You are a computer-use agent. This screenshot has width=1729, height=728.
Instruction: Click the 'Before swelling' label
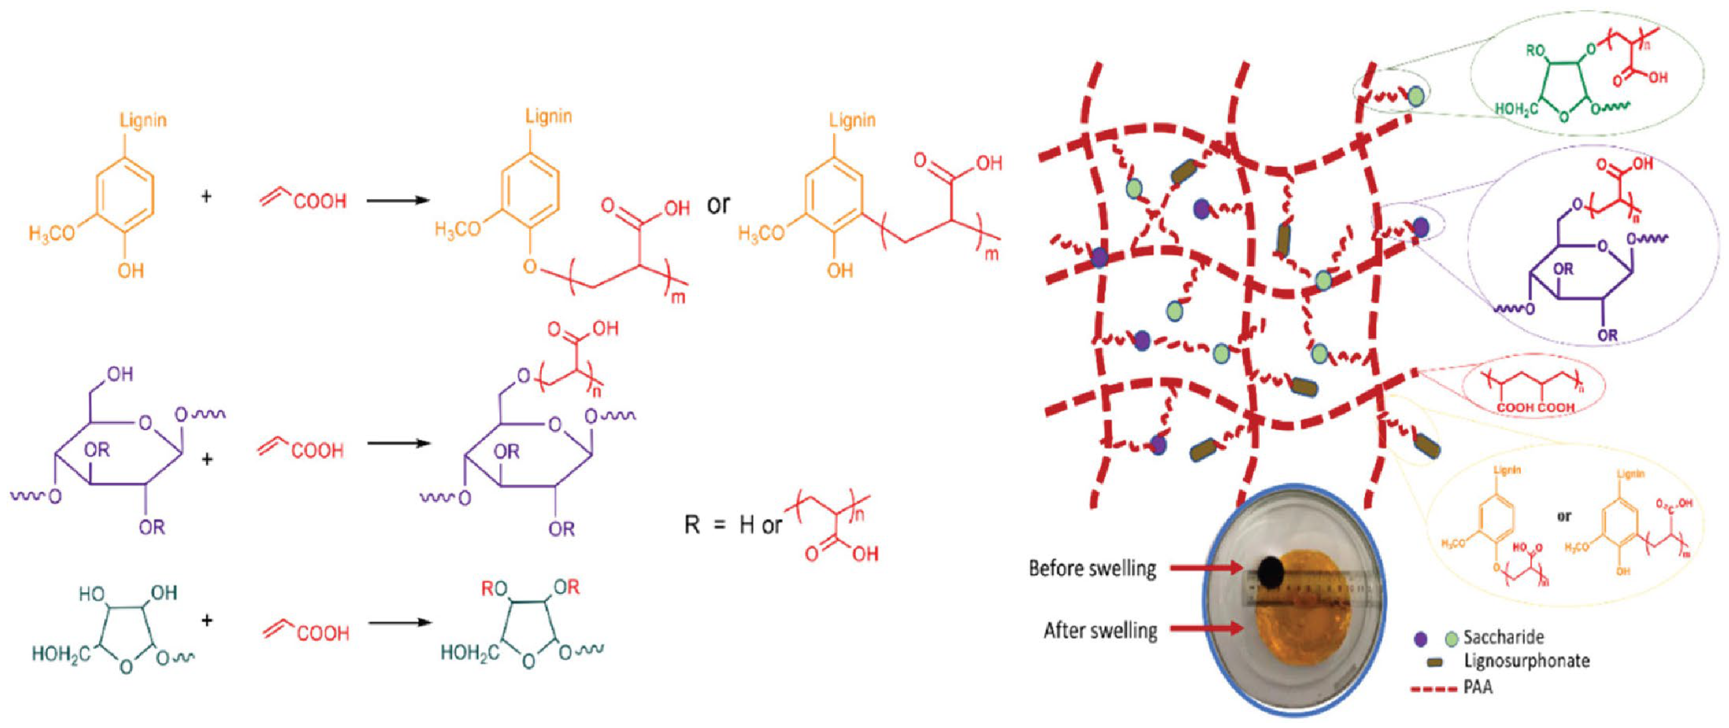coord(1092,568)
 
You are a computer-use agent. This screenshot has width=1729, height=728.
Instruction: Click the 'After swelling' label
coord(1100,630)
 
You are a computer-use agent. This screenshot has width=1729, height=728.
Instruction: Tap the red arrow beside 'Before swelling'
coord(1205,568)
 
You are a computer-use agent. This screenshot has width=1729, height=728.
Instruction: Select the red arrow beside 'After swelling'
coord(1205,629)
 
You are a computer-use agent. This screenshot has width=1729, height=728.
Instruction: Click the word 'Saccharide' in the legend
coord(1503,637)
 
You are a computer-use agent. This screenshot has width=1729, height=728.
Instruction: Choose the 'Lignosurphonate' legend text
coord(1527,661)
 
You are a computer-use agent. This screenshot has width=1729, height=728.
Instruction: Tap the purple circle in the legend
coord(1420,638)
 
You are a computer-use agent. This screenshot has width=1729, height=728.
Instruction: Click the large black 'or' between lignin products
coord(718,204)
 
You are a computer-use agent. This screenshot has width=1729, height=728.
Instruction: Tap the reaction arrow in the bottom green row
coord(400,622)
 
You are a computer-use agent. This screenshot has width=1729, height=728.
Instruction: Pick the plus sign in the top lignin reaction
coord(207,196)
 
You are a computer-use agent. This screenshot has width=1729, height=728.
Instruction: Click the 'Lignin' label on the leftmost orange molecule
coord(143,120)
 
